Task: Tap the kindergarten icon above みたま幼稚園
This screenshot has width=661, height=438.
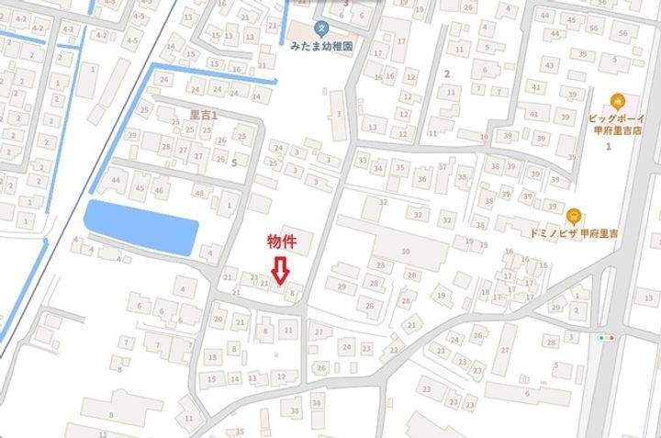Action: click(319, 27)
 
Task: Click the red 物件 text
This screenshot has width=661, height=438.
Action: click(281, 241)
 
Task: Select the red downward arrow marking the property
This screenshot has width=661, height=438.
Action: click(281, 268)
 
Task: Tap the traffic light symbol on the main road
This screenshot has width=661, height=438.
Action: click(606, 338)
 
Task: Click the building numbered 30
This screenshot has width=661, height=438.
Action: click(404, 251)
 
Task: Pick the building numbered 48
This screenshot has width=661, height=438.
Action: click(200, 193)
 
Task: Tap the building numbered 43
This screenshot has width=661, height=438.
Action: click(549, 66)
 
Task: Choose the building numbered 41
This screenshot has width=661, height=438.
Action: click(532, 115)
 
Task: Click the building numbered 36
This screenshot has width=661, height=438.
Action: click(421, 178)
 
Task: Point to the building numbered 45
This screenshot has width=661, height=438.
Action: click(140, 188)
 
